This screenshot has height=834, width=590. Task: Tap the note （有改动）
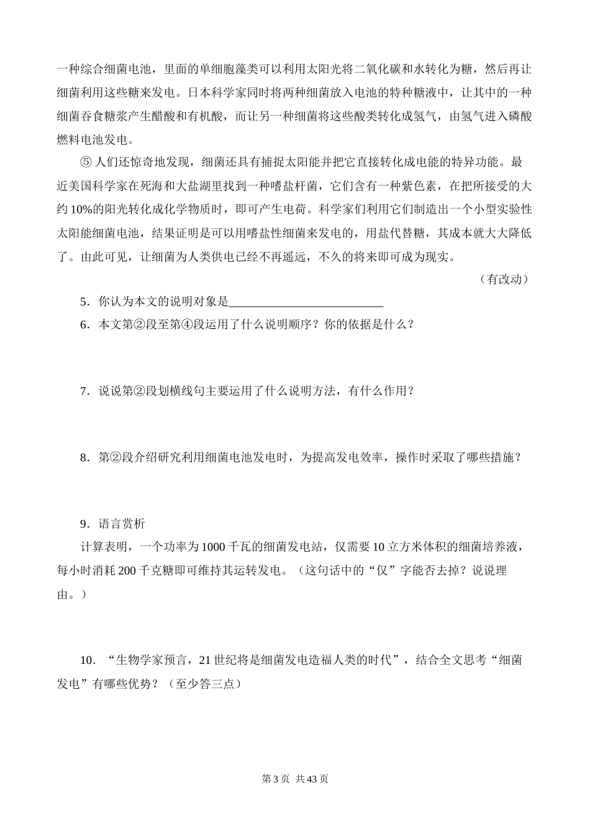point(504,279)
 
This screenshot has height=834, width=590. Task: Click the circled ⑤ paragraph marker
point(86,163)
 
